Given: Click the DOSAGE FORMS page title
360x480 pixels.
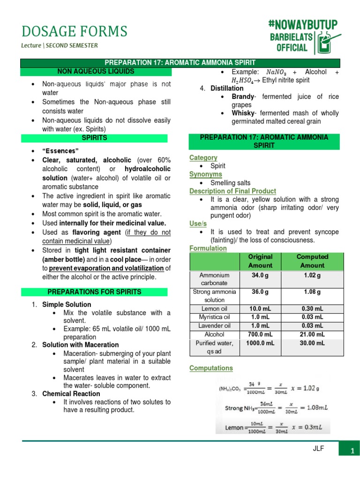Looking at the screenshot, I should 74,31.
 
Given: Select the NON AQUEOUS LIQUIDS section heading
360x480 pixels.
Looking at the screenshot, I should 95,71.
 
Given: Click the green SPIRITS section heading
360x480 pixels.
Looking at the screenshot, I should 95,138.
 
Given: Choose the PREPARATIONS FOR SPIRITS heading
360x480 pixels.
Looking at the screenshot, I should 95,292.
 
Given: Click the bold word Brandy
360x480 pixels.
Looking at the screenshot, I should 243,97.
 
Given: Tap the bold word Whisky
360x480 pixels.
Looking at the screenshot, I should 243,113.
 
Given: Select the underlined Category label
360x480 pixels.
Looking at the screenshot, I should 203,157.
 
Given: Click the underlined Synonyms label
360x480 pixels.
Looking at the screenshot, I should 205,174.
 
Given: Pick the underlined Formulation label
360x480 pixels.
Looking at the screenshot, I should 208,248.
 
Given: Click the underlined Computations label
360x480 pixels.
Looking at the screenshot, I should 211,368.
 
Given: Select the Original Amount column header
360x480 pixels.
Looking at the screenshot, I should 260,261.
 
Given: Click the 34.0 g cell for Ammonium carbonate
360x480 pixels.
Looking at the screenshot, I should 260,275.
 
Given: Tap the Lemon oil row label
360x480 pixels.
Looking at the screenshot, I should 214,308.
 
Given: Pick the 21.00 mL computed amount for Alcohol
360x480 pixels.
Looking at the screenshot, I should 312,334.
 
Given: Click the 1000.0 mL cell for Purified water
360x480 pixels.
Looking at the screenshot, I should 260,343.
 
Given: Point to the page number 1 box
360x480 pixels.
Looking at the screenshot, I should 351,450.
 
